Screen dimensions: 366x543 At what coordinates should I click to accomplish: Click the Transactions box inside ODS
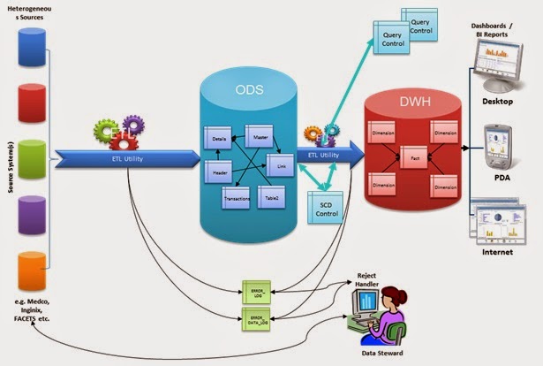pos(237,197)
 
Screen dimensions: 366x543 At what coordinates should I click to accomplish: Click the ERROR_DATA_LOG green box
pos(255,316)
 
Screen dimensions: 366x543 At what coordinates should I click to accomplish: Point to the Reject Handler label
pos(370,281)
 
